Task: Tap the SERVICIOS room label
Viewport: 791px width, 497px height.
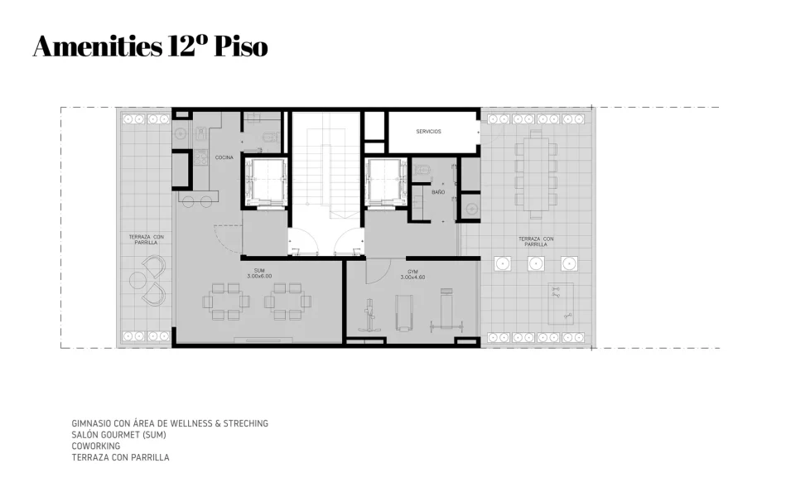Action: click(428, 132)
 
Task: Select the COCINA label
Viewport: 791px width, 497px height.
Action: click(224, 157)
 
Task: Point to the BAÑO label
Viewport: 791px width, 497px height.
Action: click(438, 192)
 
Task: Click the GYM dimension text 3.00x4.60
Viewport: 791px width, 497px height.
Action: click(412, 277)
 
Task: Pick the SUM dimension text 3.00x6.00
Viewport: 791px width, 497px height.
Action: click(259, 276)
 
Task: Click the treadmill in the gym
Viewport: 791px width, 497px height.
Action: click(403, 311)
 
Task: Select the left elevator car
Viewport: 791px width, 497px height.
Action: click(265, 180)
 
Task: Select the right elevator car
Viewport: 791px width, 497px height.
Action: click(386, 180)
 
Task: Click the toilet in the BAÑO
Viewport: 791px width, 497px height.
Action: click(422, 171)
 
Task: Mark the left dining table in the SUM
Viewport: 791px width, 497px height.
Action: click(227, 302)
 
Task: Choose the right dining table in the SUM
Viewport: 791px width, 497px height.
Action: click(287, 302)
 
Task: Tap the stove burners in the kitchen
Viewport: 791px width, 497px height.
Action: click(200, 156)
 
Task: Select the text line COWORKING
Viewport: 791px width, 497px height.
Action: click(95, 446)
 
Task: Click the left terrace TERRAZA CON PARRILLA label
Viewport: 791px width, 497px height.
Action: click(146, 240)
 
